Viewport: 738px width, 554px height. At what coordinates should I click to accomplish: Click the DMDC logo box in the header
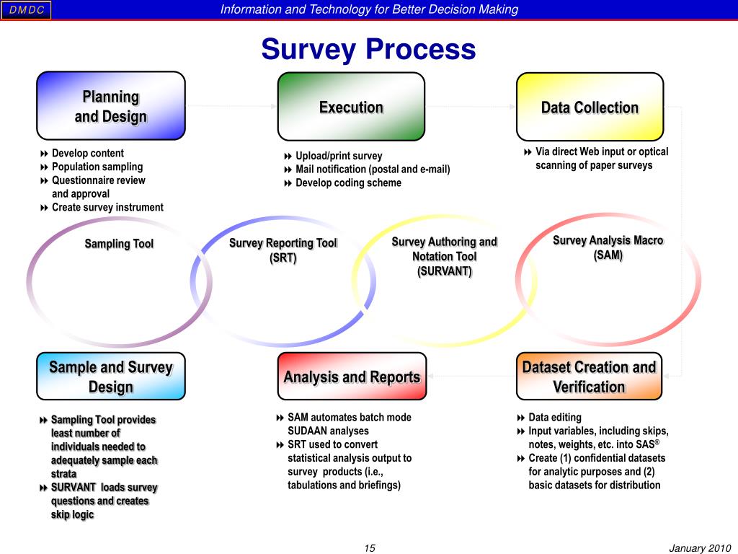pos(26,9)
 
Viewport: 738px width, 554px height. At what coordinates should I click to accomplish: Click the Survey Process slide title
pos(368,50)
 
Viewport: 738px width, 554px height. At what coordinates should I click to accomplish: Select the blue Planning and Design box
pos(111,106)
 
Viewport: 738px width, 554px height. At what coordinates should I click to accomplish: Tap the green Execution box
pos(351,107)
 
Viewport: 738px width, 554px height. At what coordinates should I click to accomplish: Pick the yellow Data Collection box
pos(590,107)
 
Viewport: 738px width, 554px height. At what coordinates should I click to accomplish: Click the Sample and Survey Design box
pos(111,376)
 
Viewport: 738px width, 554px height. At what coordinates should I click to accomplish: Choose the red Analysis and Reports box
pos(352,377)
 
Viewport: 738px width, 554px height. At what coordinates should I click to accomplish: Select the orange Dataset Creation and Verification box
pos(589,376)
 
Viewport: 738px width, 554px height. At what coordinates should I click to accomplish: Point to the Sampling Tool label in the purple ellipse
pos(119,244)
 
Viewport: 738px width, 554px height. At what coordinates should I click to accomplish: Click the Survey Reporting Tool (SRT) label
pos(283,250)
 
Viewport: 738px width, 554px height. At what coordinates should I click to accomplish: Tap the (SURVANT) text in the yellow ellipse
pos(444,271)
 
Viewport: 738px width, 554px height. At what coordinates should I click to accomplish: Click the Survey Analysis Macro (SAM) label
pos(608,247)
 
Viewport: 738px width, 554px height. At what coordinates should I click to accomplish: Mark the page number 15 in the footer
pos(370,548)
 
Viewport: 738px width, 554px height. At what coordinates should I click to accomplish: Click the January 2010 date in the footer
pos(700,548)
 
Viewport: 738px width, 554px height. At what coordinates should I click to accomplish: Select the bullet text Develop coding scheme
pos(348,183)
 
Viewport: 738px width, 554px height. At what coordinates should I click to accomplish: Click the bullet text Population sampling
pos(97,167)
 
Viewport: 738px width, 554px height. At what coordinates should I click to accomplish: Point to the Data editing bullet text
pos(554,417)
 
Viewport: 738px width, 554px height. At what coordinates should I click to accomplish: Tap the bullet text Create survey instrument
pos(107,208)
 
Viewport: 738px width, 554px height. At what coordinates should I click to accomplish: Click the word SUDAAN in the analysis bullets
pos(308,431)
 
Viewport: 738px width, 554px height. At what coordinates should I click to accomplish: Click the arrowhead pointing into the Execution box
pos(273,107)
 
